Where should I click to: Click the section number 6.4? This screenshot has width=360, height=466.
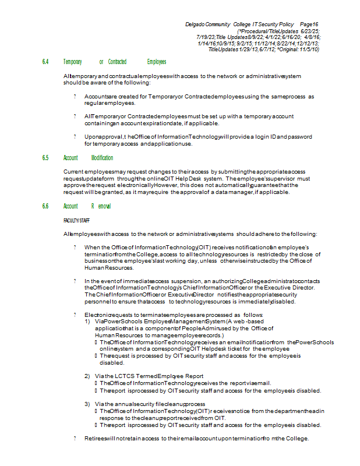pos(45,62)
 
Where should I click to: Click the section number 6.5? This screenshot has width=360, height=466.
pos(45,158)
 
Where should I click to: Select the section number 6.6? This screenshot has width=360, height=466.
pos(45,206)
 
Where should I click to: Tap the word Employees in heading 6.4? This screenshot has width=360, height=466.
pos(157,62)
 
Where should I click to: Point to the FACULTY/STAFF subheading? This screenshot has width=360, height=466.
pos(77,220)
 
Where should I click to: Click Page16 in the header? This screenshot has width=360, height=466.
pos(310,23)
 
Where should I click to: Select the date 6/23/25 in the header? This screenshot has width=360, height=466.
pos(309,30)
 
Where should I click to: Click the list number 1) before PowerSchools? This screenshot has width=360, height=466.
pos(87,321)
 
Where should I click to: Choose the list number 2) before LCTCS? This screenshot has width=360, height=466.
pos(87,376)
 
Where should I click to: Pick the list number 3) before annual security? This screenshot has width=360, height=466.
pos(87,404)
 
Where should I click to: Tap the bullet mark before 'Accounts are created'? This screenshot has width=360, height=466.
pos(75,96)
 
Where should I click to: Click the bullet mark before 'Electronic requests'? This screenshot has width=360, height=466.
pos(75,314)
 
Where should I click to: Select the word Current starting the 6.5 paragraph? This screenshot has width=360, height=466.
pos(75,172)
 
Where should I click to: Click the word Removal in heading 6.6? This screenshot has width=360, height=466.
pos(101,206)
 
